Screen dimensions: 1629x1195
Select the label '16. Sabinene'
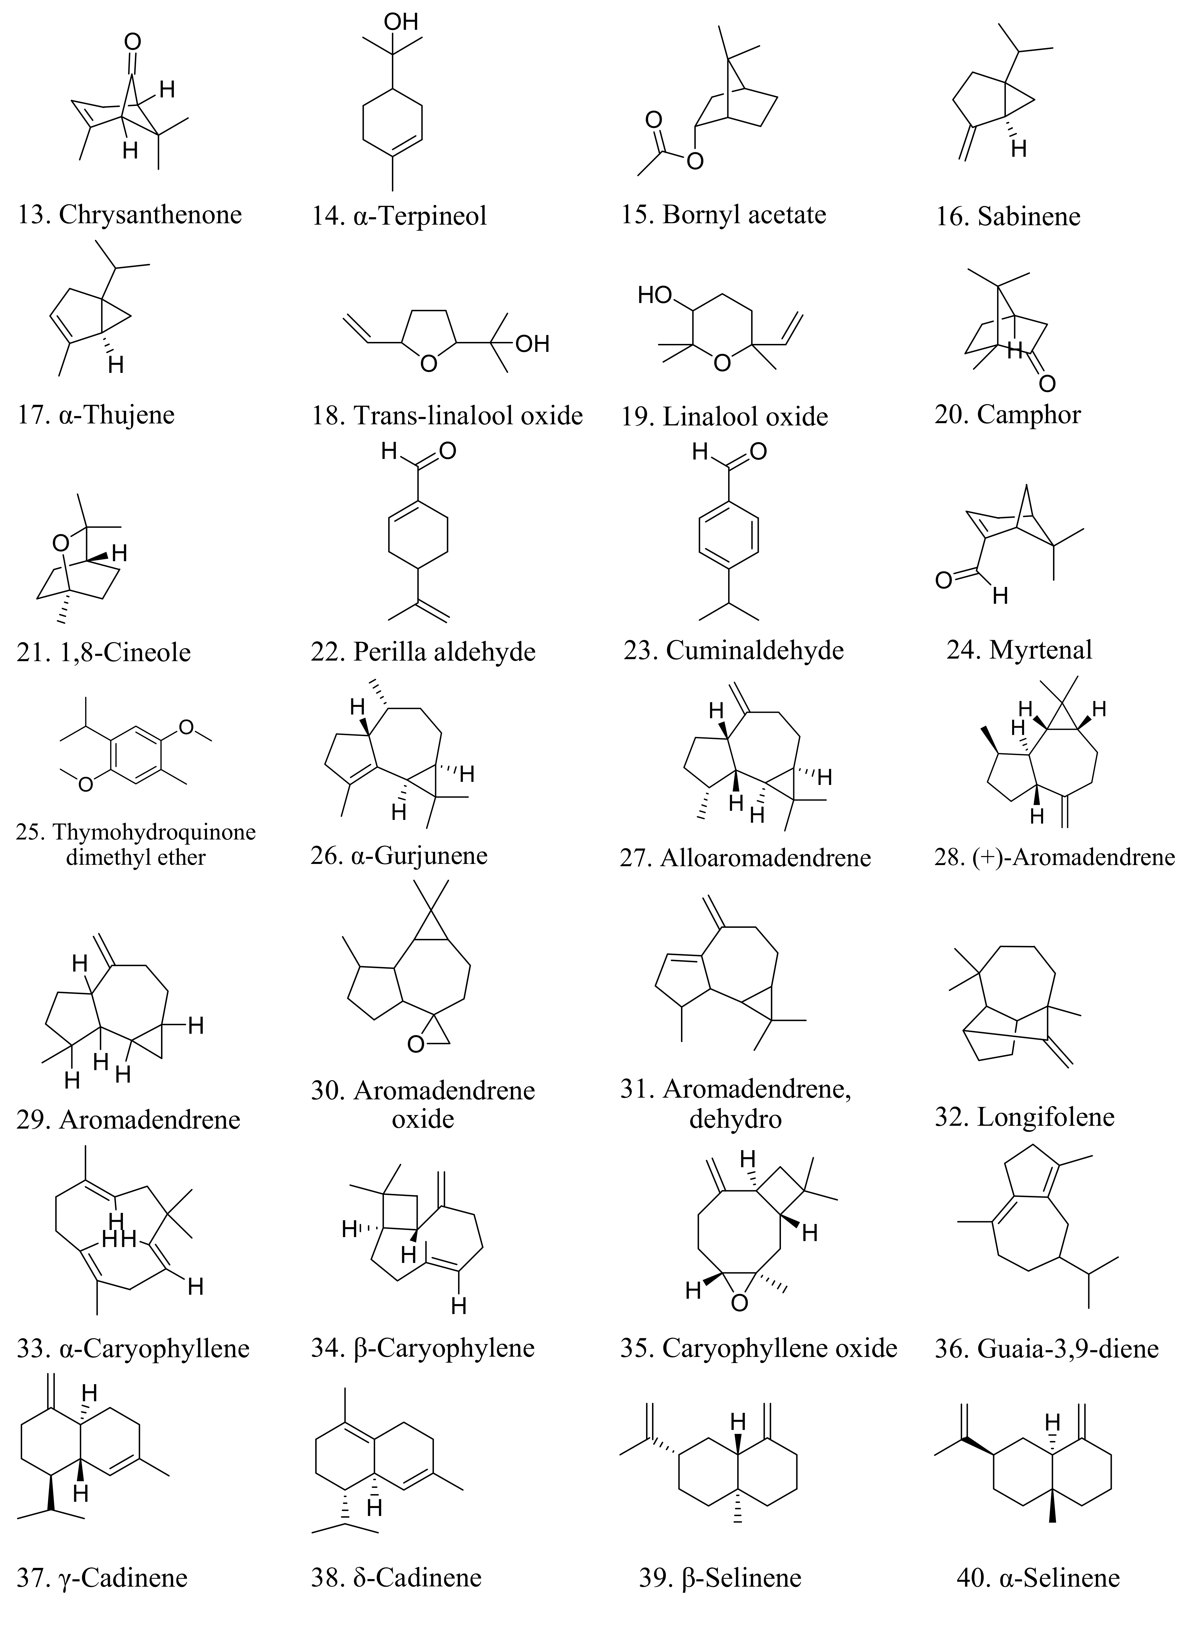[1008, 216]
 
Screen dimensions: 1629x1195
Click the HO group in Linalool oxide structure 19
[655, 295]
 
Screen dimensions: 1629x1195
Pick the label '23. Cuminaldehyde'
[734, 650]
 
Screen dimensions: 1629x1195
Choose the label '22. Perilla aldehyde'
[423, 652]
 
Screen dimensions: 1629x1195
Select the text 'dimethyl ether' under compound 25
[136, 858]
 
